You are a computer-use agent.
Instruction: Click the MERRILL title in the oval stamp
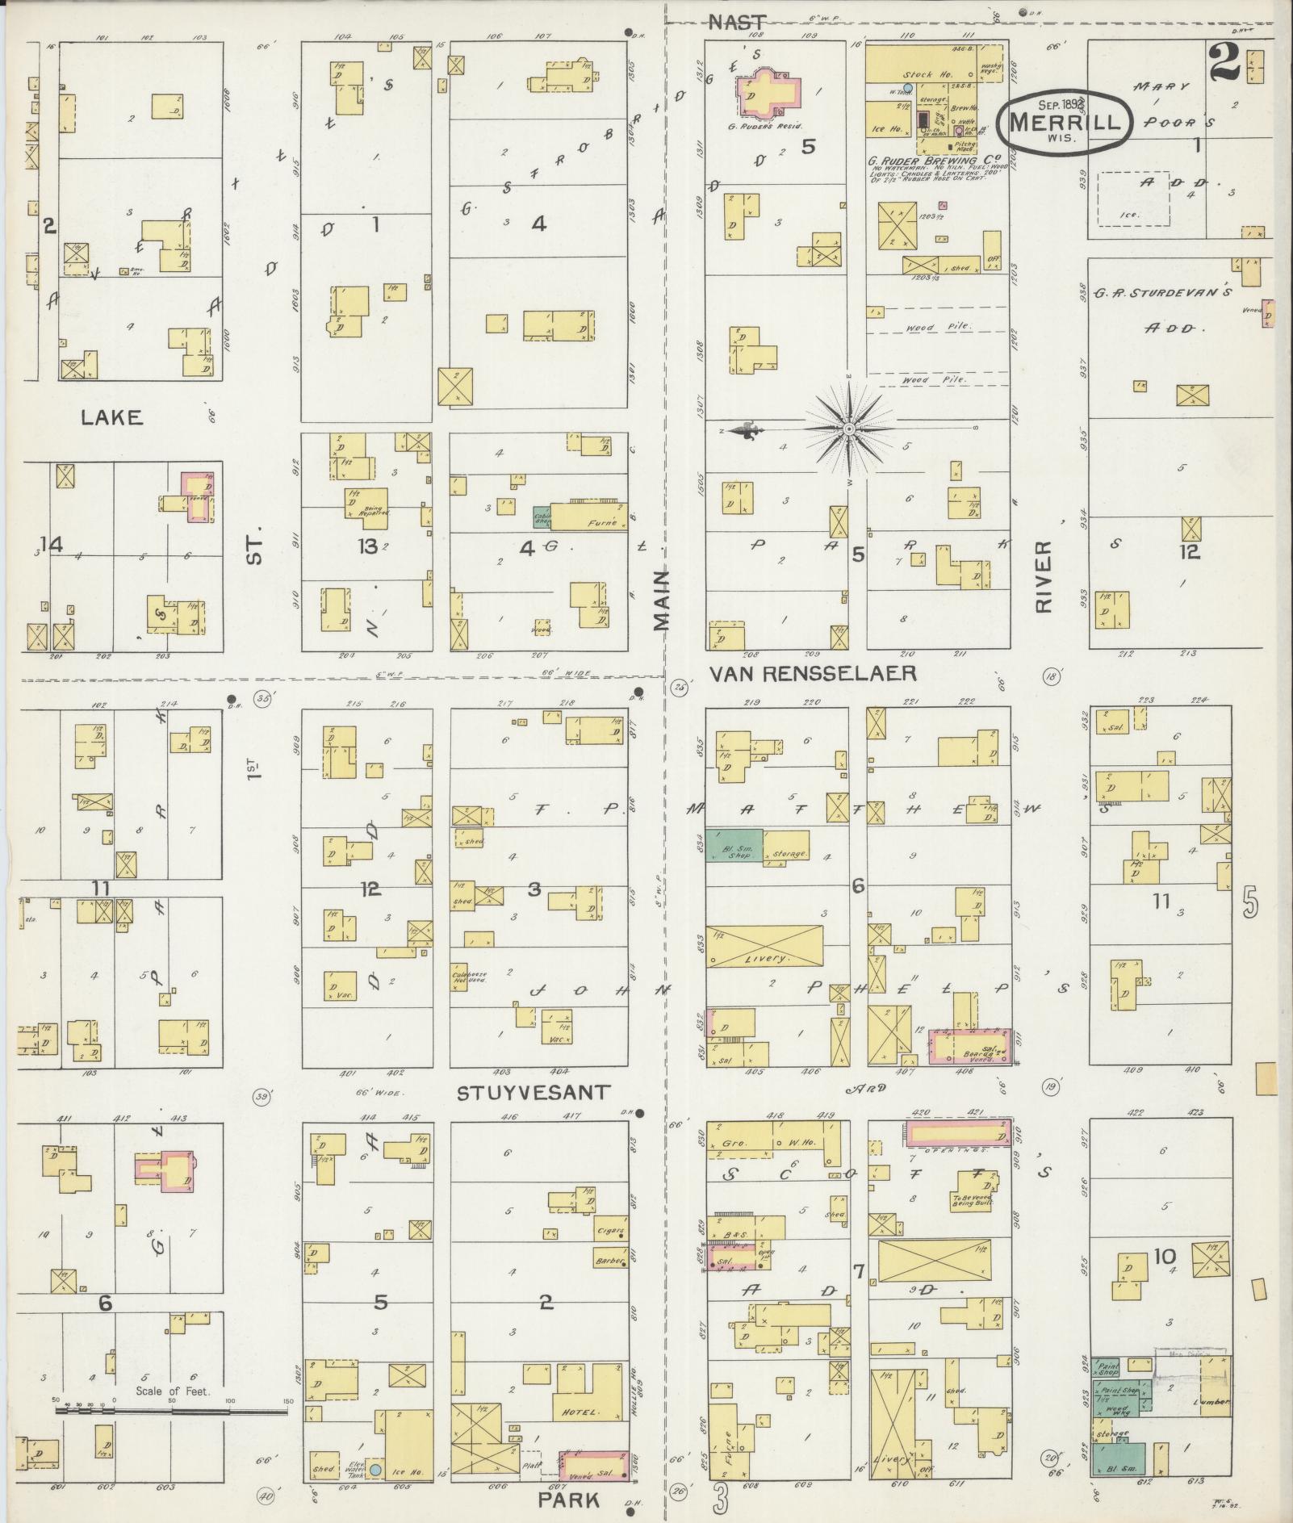click(1065, 123)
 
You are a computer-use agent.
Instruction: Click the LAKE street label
click(111, 417)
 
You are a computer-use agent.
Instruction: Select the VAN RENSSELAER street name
click(812, 673)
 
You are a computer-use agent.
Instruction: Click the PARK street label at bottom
click(576, 1500)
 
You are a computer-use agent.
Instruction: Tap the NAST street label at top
click(735, 23)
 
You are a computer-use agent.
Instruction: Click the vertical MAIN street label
click(663, 600)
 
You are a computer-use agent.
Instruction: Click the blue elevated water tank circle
click(375, 1471)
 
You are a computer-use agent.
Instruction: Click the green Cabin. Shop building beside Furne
click(542, 517)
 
